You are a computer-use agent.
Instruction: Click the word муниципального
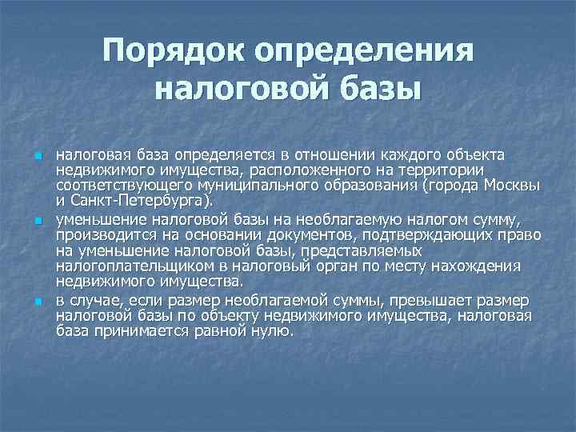pos(259,186)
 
